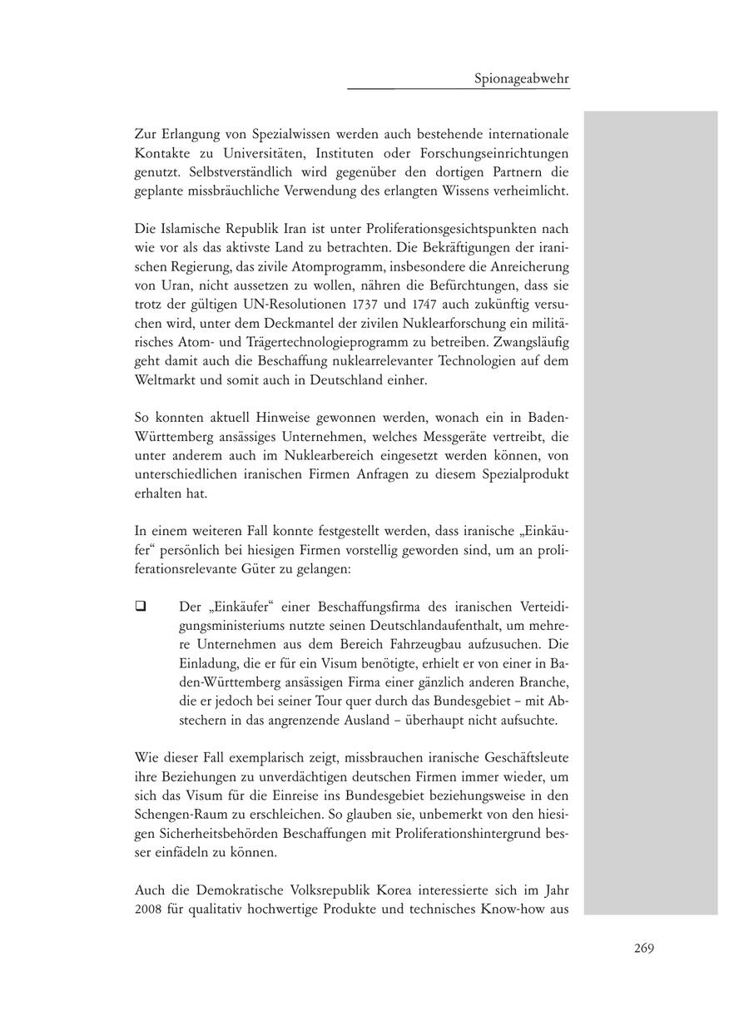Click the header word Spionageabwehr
coord(521,79)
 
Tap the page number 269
coord(643,948)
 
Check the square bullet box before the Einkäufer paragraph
coord(141,607)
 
